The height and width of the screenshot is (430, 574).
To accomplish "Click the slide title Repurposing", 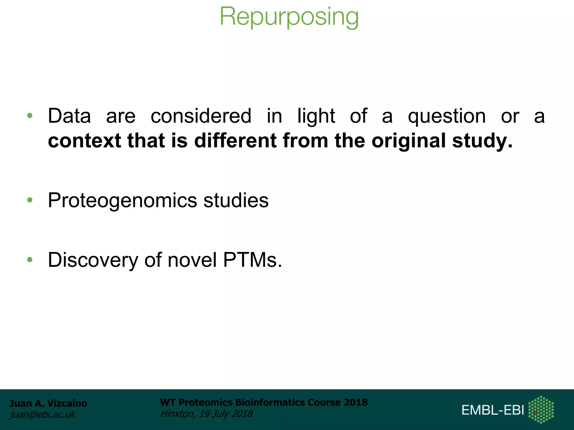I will [289, 17].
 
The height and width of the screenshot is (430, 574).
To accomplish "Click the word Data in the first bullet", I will [70, 116].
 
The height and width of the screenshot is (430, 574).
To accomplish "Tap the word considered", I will [201, 116].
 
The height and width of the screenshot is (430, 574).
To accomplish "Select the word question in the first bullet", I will [447, 116].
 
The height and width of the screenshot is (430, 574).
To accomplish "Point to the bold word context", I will [84, 141].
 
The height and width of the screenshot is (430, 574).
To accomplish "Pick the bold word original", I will [408, 141].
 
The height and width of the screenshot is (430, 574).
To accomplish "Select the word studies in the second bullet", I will [236, 200].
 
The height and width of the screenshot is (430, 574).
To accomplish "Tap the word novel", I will [192, 260].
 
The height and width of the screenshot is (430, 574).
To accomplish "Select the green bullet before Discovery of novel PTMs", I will [30, 260].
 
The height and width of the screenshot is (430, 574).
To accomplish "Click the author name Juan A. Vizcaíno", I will [48, 403].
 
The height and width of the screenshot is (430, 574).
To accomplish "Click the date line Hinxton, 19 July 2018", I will [206, 413].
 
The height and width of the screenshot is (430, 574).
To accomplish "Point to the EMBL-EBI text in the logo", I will [493, 410].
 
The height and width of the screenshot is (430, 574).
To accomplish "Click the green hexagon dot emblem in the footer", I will [541, 410].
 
